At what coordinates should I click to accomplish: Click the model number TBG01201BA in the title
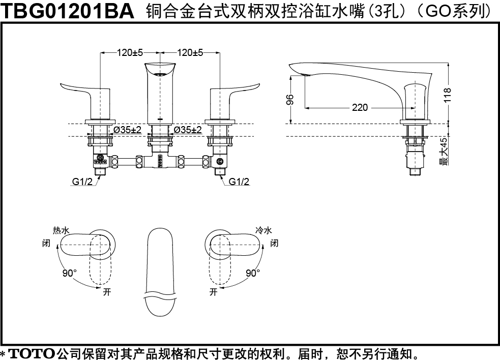tap(68, 11)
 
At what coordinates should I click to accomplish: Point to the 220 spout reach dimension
tap(360, 107)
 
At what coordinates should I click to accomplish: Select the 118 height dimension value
tap(448, 95)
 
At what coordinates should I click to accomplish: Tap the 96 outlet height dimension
tap(290, 99)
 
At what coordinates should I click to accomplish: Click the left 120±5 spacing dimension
tap(130, 52)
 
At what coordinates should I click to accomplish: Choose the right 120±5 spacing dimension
tap(190, 52)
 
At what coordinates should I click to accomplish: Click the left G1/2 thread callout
tap(82, 182)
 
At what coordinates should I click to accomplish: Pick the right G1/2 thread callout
tap(239, 182)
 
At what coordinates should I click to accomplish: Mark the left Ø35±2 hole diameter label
tap(127, 130)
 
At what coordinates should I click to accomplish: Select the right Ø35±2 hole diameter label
tap(188, 130)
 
